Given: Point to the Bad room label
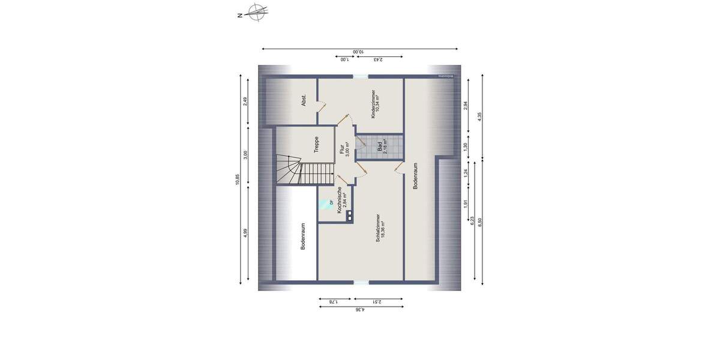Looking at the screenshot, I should [x=382, y=146].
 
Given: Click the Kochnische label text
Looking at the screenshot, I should [x=340, y=200].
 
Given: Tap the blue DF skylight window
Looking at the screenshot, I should [x=326, y=203].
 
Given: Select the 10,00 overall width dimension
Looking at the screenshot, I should [x=358, y=52].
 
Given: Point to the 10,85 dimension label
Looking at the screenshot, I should [x=238, y=180].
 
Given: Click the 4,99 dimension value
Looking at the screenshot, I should [x=245, y=233].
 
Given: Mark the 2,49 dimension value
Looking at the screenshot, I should [x=245, y=101].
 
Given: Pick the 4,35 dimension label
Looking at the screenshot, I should [x=479, y=115].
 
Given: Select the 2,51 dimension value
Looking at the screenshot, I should [x=378, y=302].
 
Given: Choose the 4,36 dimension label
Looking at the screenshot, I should [x=360, y=310].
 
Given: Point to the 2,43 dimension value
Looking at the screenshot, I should [x=378, y=59].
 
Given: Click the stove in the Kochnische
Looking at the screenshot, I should [x=349, y=217].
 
